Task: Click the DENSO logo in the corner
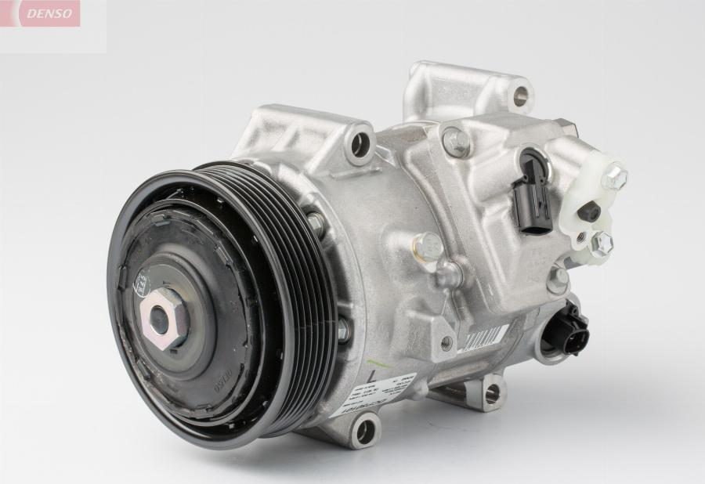[x=49, y=13]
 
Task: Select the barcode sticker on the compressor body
[x=482, y=338]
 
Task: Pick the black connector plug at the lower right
[x=563, y=329]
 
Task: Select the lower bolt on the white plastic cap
[x=601, y=244]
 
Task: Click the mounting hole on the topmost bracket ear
[x=519, y=97]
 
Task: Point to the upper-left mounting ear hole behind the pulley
[x=360, y=143]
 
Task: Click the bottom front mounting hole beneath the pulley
[x=363, y=429]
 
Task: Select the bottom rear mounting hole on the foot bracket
[x=492, y=394]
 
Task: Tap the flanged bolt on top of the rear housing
[x=457, y=141]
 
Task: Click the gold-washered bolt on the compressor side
[x=427, y=247]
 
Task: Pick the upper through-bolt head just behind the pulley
[x=316, y=224]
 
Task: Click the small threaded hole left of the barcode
[x=446, y=341]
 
